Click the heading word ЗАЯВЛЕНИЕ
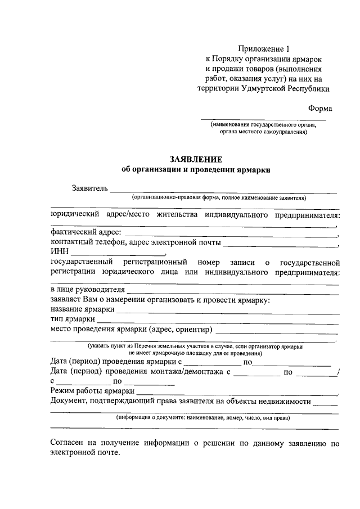coord(196,159)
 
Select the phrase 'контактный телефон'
coord(87,242)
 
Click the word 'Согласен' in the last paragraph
coord(66,443)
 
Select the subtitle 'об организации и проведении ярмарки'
coord(196,170)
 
